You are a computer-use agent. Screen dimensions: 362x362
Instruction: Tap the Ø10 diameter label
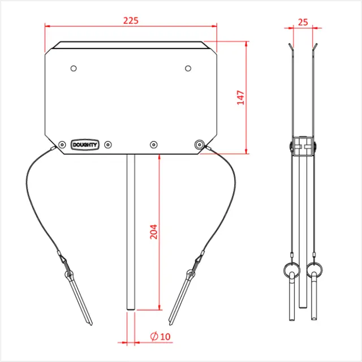(x=161, y=337)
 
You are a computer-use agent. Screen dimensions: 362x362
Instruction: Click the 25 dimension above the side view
(x=303, y=23)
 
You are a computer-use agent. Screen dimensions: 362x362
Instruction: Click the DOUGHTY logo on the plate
(x=85, y=145)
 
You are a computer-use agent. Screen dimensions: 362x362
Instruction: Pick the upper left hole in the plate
(x=74, y=68)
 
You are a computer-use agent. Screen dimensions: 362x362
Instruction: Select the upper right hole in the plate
(x=188, y=68)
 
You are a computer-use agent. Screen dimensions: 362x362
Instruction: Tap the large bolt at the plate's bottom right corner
(x=199, y=145)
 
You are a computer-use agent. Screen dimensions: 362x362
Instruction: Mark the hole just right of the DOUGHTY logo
(x=109, y=145)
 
